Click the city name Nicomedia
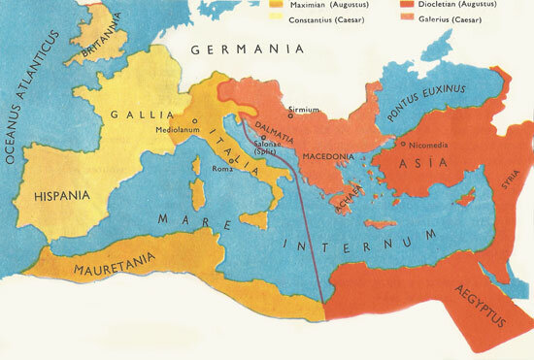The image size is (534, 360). tap(430, 145)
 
